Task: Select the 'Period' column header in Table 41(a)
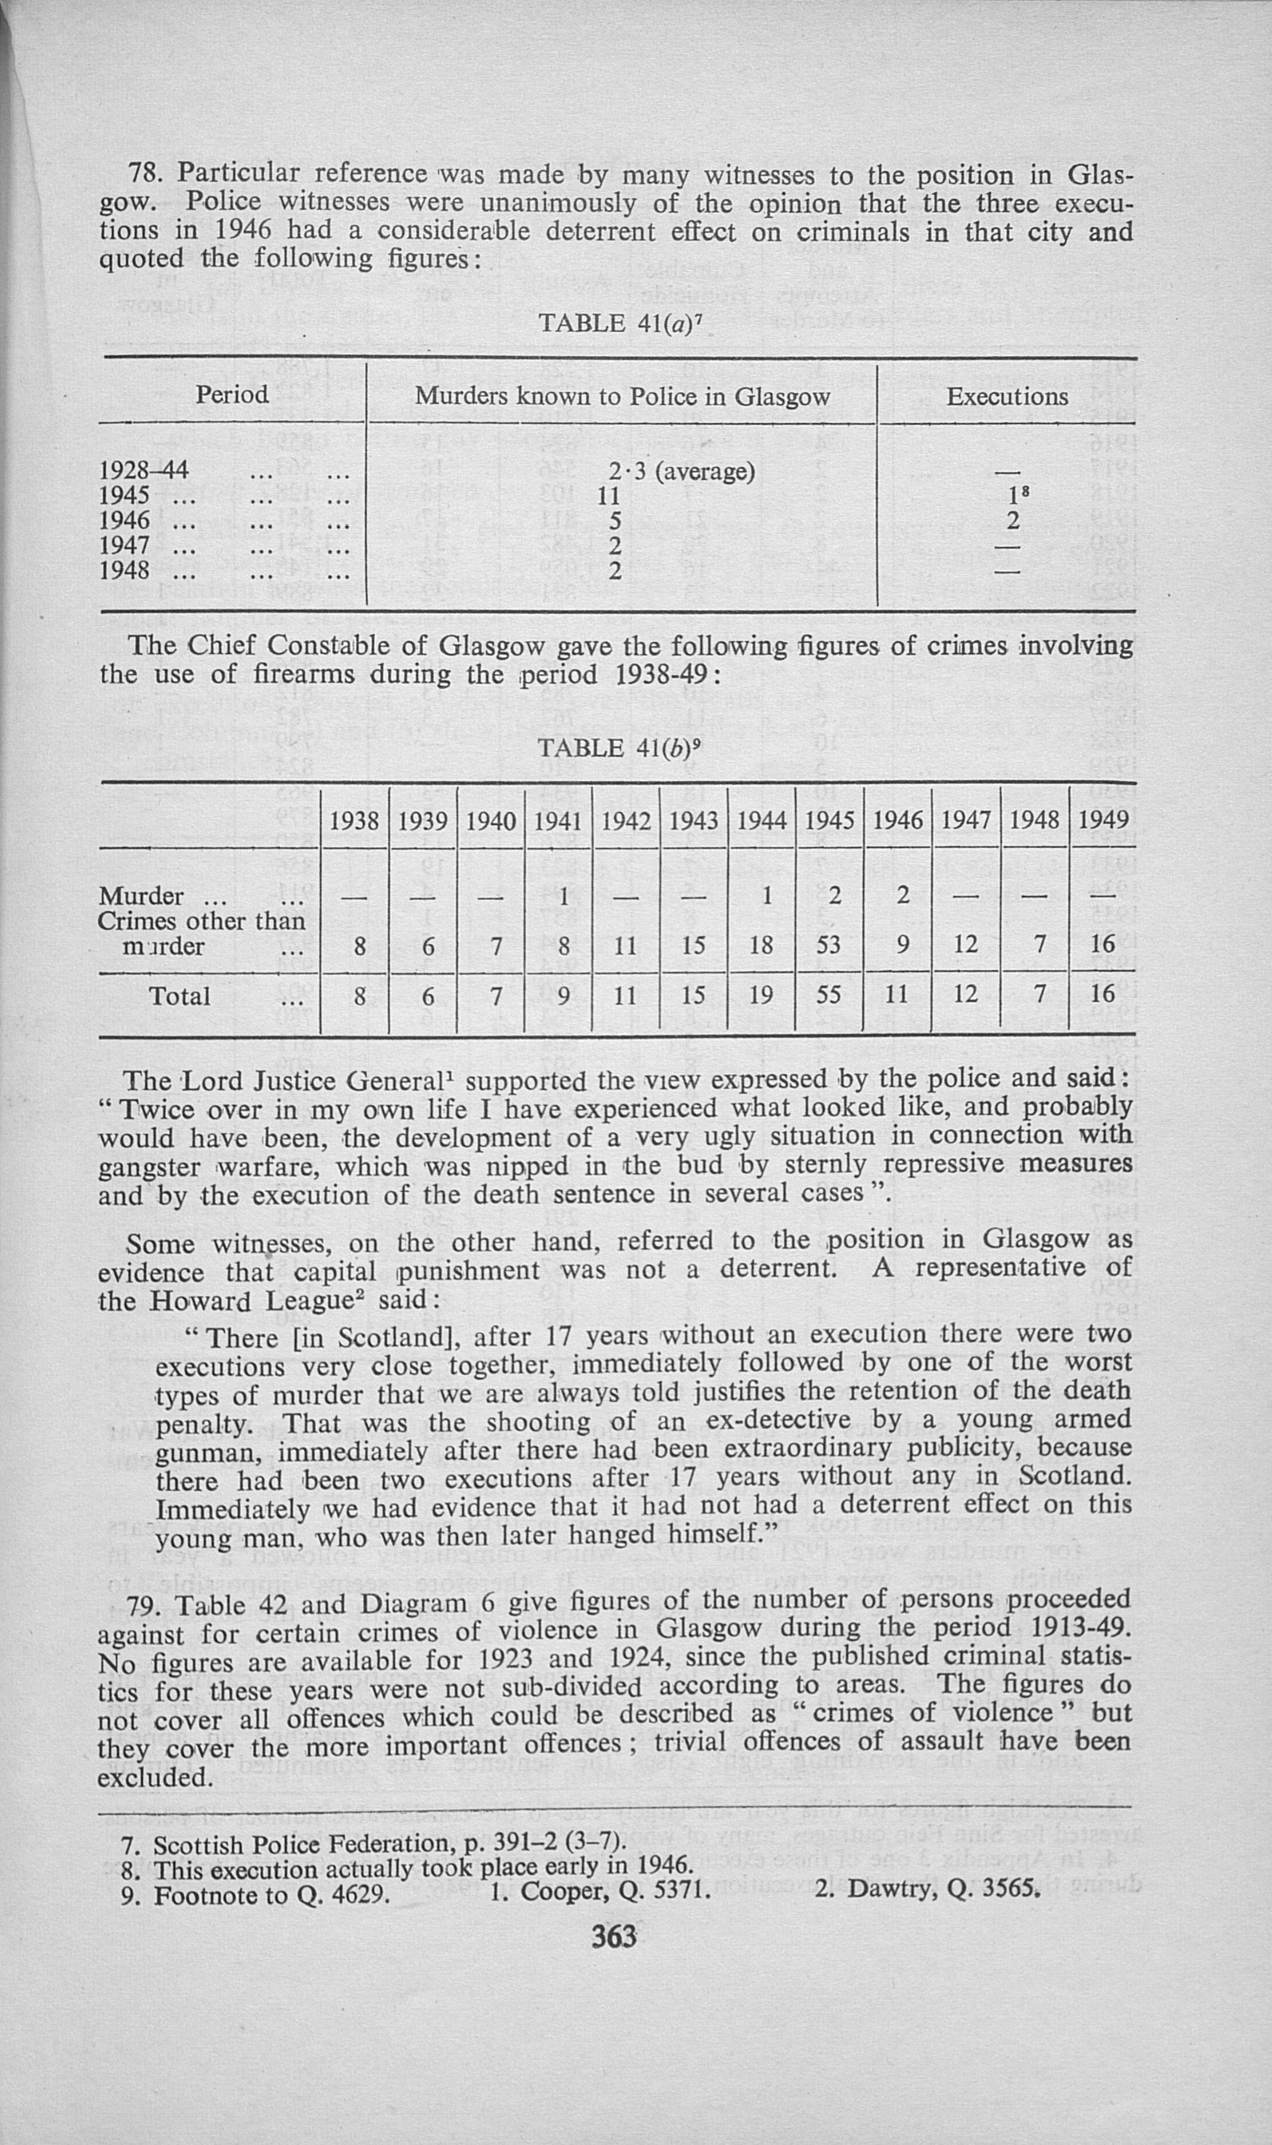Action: (231, 394)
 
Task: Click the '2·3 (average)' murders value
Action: (681, 471)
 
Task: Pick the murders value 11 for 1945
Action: (608, 496)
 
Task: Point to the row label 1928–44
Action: (144, 470)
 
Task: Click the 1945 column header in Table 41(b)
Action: (829, 820)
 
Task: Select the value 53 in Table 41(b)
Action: (829, 945)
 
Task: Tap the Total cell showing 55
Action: (829, 995)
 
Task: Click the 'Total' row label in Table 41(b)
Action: (179, 996)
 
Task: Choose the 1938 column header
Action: (354, 820)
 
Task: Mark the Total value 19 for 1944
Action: (760, 995)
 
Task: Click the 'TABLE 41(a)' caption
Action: (623, 323)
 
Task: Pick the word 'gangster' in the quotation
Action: (149, 1168)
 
